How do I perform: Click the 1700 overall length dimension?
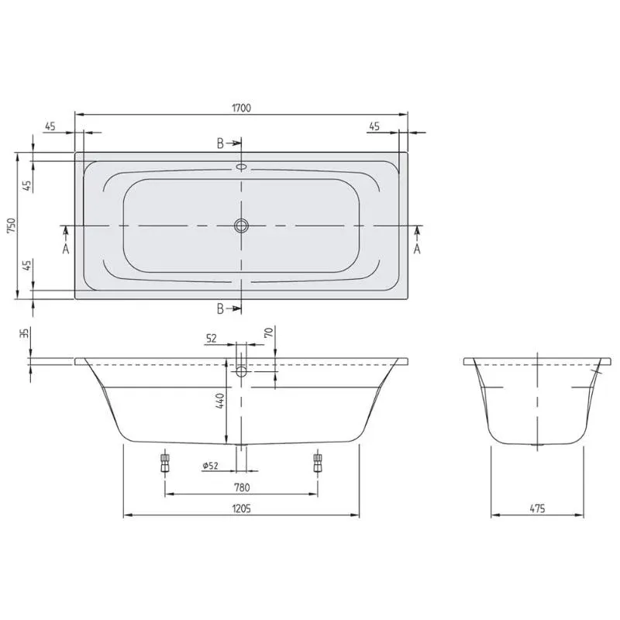pos(241,108)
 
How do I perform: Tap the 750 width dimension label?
pos(12,226)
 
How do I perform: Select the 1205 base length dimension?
pos(241,508)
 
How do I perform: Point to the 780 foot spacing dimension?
pos(241,487)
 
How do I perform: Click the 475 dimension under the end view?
pos(537,508)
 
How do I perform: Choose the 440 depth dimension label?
pos(220,401)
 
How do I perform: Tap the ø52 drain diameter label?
pos(210,466)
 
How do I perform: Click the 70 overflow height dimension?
pos(269,332)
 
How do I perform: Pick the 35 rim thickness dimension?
pos(25,333)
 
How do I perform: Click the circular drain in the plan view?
pos(241,226)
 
